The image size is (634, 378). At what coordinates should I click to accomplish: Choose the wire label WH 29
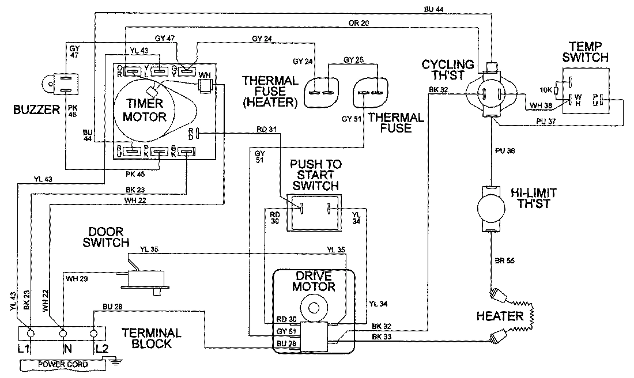[77, 278]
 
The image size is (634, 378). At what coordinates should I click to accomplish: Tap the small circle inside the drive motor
[313, 308]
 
